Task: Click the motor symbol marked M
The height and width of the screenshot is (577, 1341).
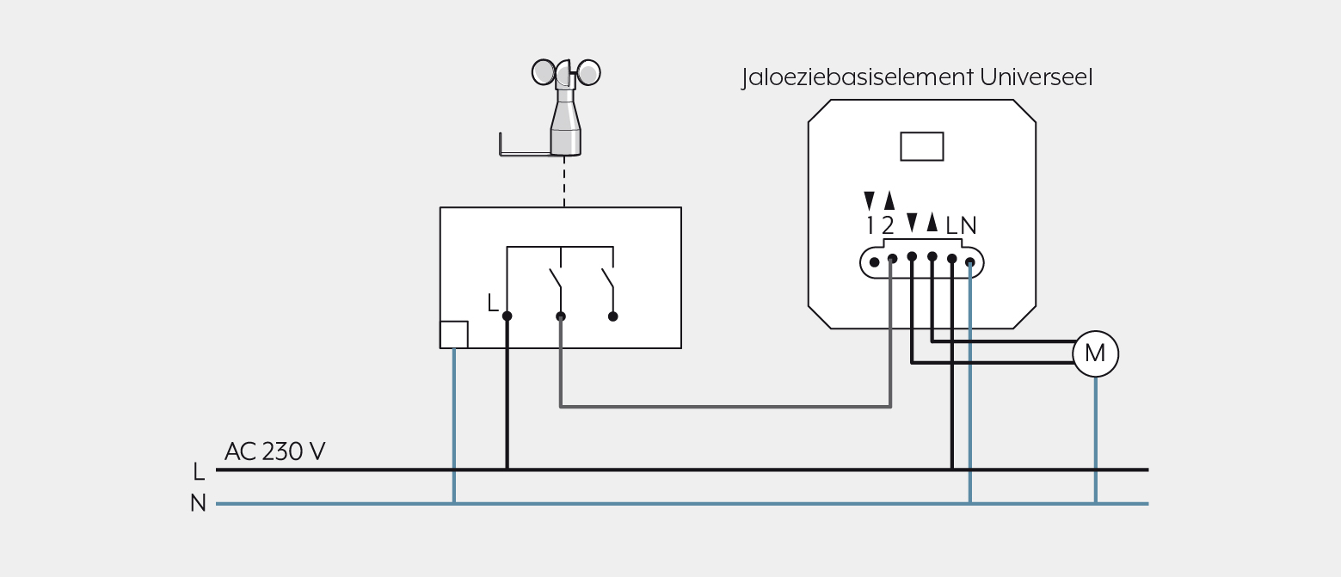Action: [x=1095, y=353]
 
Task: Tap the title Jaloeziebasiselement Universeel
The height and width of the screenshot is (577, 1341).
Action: [x=917, y=77]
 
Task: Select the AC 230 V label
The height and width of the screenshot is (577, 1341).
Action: [x=274, y=451]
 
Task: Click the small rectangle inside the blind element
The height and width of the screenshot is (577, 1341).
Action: [x=922, y=147]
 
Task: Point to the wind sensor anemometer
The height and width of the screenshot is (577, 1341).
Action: [x=566, y=107]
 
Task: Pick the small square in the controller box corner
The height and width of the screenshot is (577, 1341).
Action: [x=454, y=335]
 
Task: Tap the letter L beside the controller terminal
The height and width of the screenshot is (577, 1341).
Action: [x=493, y=303]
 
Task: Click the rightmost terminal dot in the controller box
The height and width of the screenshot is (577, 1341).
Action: [x=612, y=316]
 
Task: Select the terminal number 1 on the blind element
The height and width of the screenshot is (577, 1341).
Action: [x=870, y=225]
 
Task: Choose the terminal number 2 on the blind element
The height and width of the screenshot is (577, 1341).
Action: [x=888, y=225]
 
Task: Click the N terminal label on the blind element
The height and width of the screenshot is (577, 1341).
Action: [x=969, y=225]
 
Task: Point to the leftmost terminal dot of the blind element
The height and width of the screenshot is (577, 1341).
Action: [x=874, y=262]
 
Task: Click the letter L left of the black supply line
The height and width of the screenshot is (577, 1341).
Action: [x=199, y=471]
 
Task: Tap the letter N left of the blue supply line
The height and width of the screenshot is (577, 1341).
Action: [x=198, y=503]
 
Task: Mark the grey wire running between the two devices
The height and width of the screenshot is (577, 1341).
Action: [x=726, y=407]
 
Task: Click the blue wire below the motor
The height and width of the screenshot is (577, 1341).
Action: [x=1096, y=440]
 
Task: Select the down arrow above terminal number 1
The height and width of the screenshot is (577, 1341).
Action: [x=870, y=200]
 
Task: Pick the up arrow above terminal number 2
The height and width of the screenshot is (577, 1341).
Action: [x=889, y=200]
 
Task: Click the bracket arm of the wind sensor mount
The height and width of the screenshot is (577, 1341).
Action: [x=525, y=154]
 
